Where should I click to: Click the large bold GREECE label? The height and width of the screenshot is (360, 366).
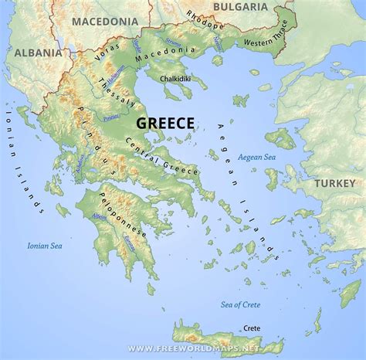tap(165, 123)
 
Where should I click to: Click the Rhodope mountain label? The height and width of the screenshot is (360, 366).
tap(203, 18)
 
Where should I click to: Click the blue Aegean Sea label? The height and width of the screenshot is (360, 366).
tap(258, 155)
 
